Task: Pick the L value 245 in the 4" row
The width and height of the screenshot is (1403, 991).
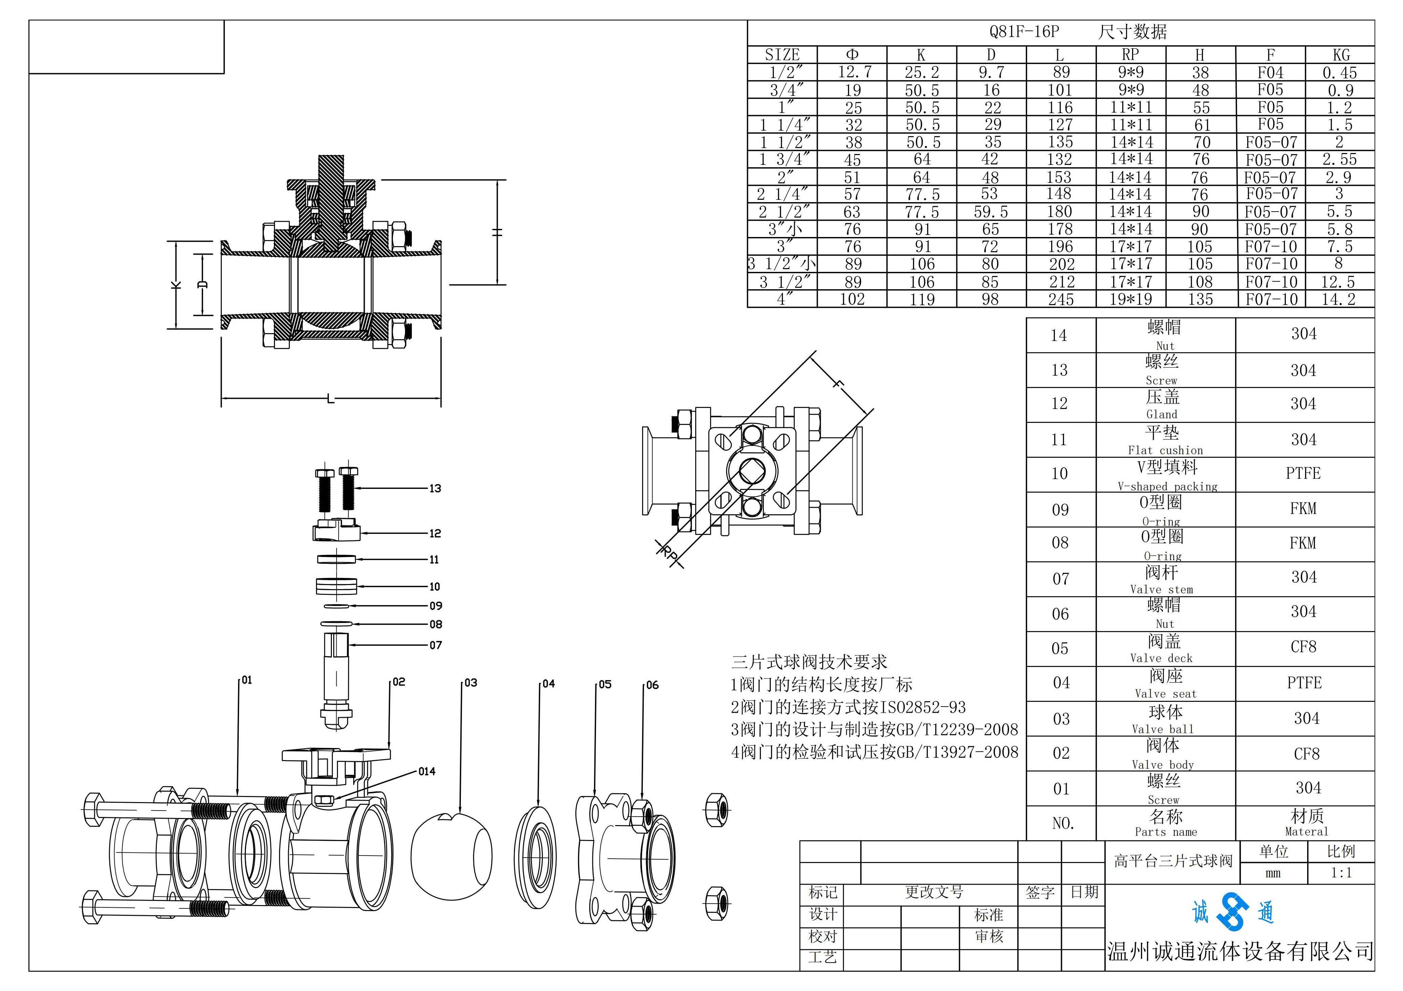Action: pyautogui.click(x=1061, y=299)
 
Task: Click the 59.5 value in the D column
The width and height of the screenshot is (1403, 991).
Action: pyautogui.click(x=991, y=212)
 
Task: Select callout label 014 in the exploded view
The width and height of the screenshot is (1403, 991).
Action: pyautogui.click(x=427, y=772)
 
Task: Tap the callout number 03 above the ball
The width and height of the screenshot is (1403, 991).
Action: pyautogui.click(x=470, y=683)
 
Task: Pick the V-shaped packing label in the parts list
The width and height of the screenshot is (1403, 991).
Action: pyautogui.click(x=1167, y=486)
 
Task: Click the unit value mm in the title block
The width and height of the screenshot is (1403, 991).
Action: pyautogui.click(x=1273, y=873)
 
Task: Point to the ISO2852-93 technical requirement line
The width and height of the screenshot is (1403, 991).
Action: pyautogui.click(x=848, y=708)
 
